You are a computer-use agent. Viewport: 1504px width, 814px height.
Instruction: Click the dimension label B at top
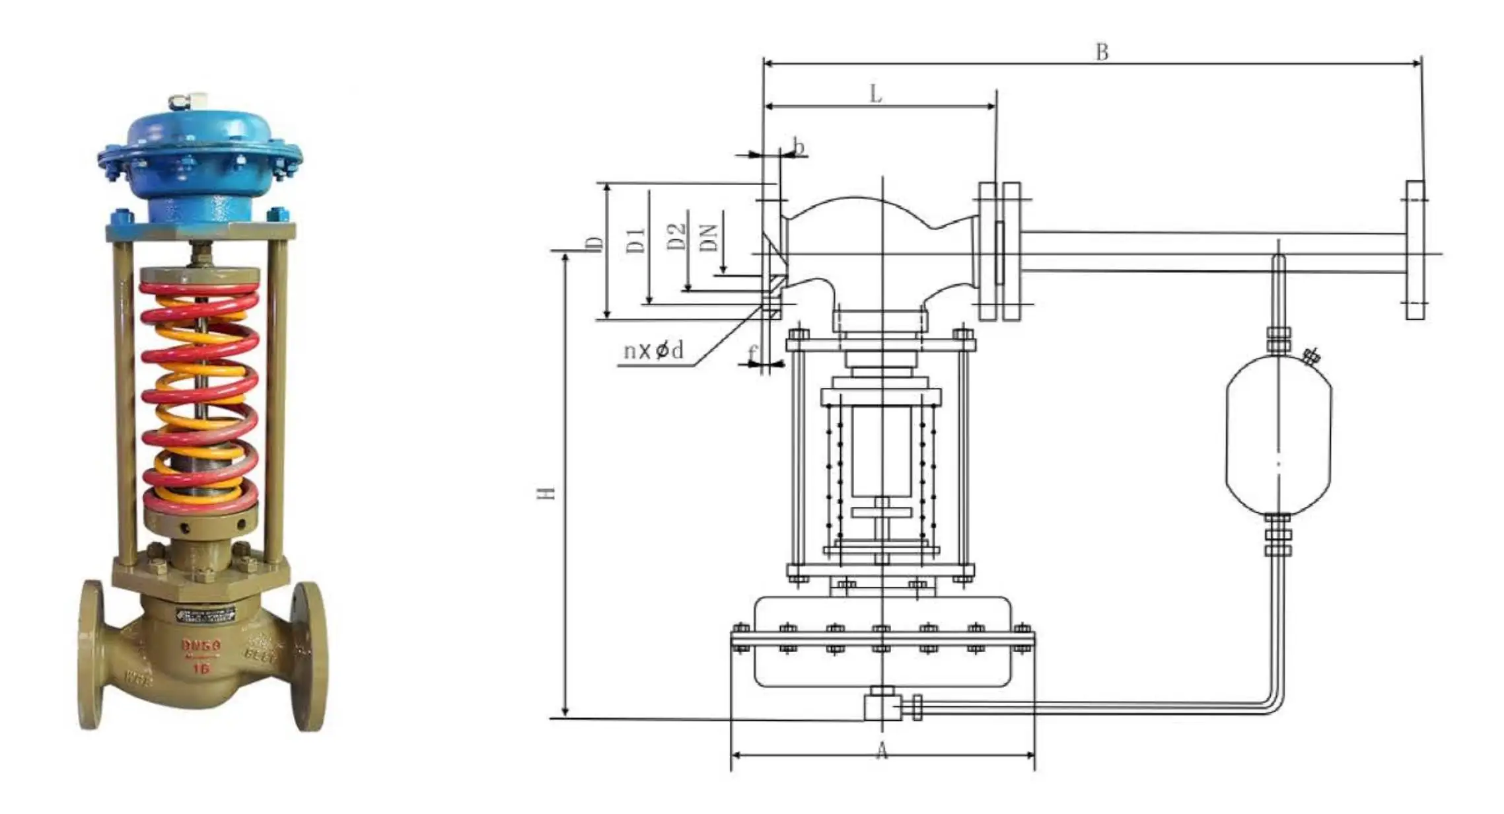[x=1102, y=52]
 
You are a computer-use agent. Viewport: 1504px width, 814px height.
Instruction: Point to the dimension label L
[x=876, y=94]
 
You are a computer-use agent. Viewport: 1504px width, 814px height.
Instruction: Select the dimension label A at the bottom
[x=882, y=751]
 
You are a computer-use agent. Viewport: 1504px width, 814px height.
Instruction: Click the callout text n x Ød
[x=653, y=350]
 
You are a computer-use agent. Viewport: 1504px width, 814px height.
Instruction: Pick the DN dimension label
[x=708, y=237]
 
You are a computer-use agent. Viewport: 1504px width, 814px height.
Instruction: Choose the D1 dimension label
[x=635, y=240]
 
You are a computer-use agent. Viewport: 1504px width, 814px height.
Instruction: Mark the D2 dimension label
[x=676, y=237]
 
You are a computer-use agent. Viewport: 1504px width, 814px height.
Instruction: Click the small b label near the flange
[x=799, y=146]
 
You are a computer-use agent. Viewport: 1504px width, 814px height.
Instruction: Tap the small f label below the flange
[x=752, y=354]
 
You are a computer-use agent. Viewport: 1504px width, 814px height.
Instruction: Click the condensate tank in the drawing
[x=1278, y=436]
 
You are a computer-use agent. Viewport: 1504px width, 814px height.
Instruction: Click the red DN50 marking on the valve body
[x=201, y=645]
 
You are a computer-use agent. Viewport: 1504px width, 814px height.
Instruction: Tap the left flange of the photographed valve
[x=91, y=654]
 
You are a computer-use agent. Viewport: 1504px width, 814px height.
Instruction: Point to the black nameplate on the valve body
[x=205, y=614]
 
